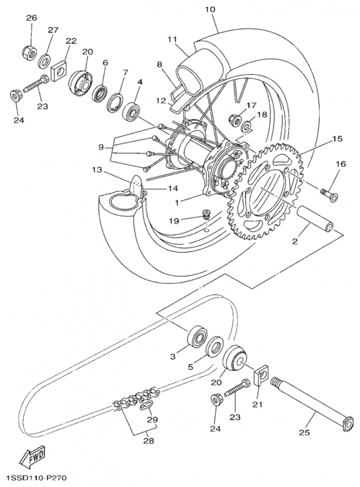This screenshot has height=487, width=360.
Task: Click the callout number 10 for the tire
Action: [210, 10]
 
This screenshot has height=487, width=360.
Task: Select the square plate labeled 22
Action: [59, 71]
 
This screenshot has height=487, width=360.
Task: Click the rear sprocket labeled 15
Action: [268, 183]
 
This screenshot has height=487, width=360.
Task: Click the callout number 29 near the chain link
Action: [152, 419]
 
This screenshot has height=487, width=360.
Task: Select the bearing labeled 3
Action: [196, 337]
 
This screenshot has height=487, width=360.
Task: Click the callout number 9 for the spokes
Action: [102, 147]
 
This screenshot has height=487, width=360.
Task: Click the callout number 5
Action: [190, 367]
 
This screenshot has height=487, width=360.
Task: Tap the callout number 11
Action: [172, 39]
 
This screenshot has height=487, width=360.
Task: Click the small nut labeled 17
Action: [234, 118]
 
